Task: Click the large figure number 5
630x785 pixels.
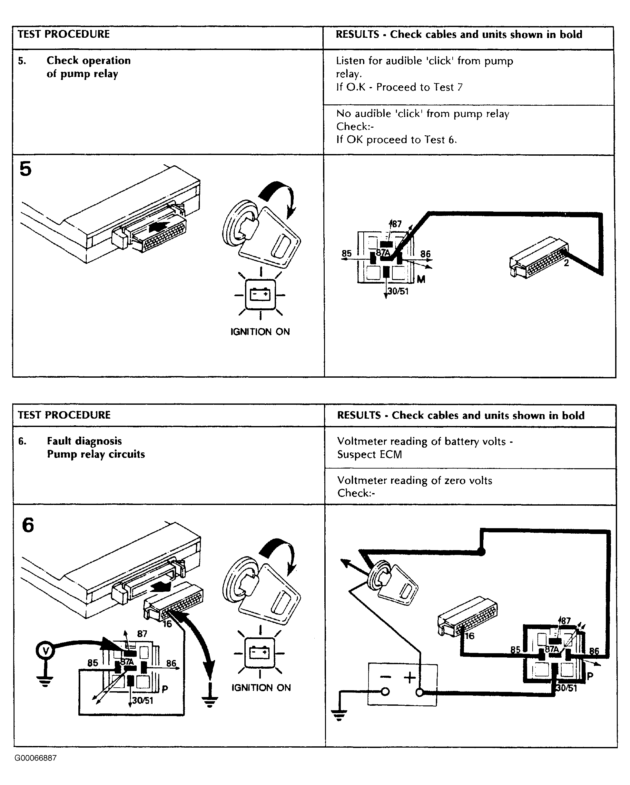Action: coord(25,169)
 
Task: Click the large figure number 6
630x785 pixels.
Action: coord(28,525)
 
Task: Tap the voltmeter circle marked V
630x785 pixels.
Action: coord(45,650)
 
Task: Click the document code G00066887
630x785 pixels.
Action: coord(35,758)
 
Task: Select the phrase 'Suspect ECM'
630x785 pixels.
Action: coord(369,454)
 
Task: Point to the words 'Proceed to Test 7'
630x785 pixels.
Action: coord(419,87)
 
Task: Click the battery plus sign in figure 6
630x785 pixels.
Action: coord(410,677)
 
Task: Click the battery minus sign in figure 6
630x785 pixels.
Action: coord(386,677)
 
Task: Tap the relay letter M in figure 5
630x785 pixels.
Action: coord(421,280)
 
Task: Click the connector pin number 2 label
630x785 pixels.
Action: coord(566,263)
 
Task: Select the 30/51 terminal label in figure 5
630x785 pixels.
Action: coord(398,291)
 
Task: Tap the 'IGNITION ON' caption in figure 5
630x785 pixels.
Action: coord(260,332)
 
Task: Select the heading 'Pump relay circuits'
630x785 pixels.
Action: coord(96,454)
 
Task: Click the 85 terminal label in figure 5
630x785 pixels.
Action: coord(347,253)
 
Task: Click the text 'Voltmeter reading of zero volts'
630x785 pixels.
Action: coord(414,480)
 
